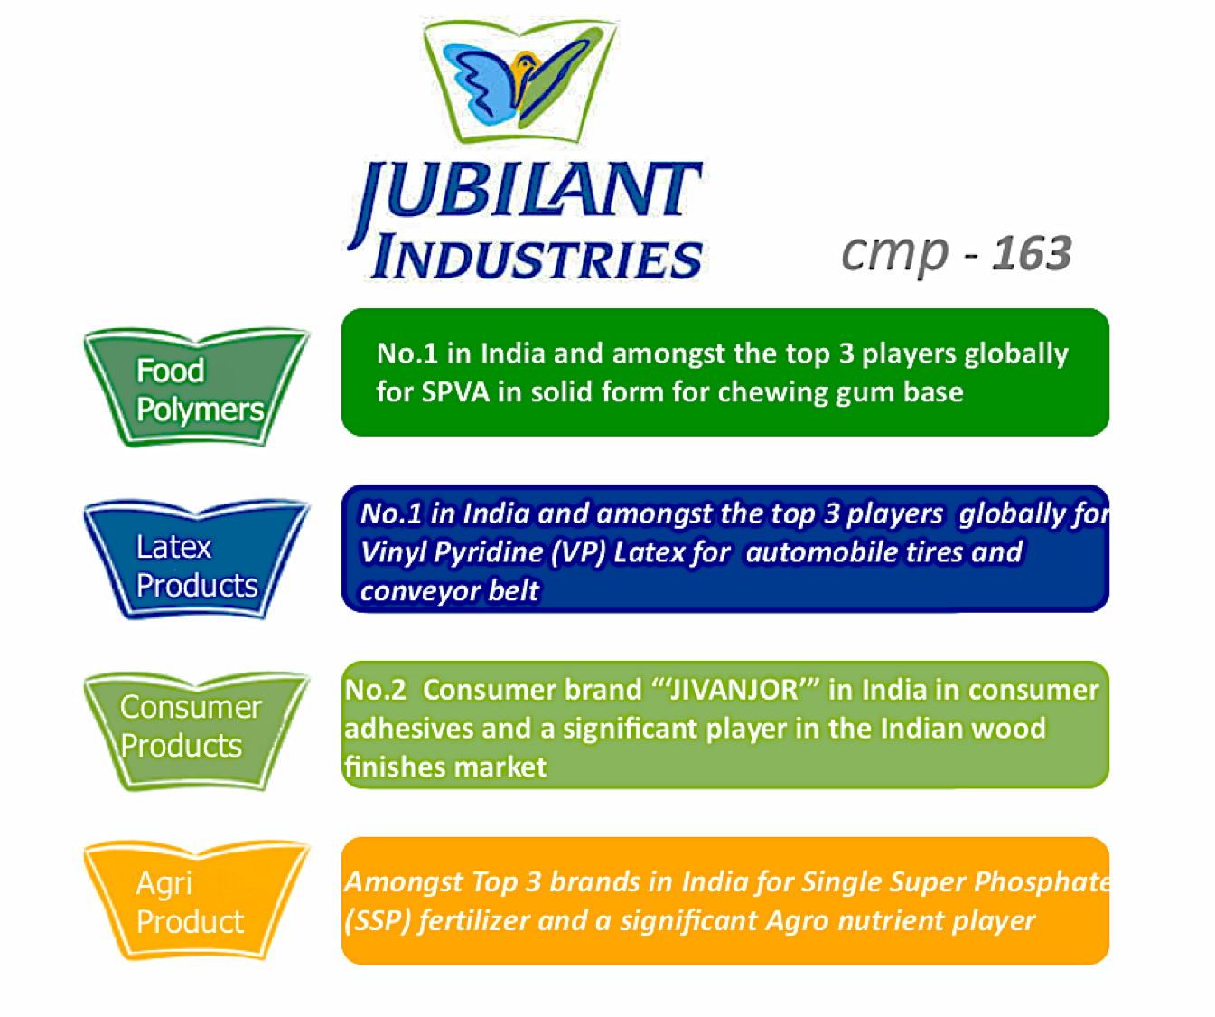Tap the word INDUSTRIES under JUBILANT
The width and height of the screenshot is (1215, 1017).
(537, 259)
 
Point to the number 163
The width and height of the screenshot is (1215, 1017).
(1032, 253)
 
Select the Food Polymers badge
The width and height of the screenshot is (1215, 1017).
(197, 389)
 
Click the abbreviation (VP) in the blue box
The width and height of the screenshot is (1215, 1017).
(578, 552)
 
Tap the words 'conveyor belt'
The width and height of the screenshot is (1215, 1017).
(449, 591)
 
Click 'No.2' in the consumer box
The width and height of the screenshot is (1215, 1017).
(376, 691)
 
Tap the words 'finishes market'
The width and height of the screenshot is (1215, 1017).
(445, 767)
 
